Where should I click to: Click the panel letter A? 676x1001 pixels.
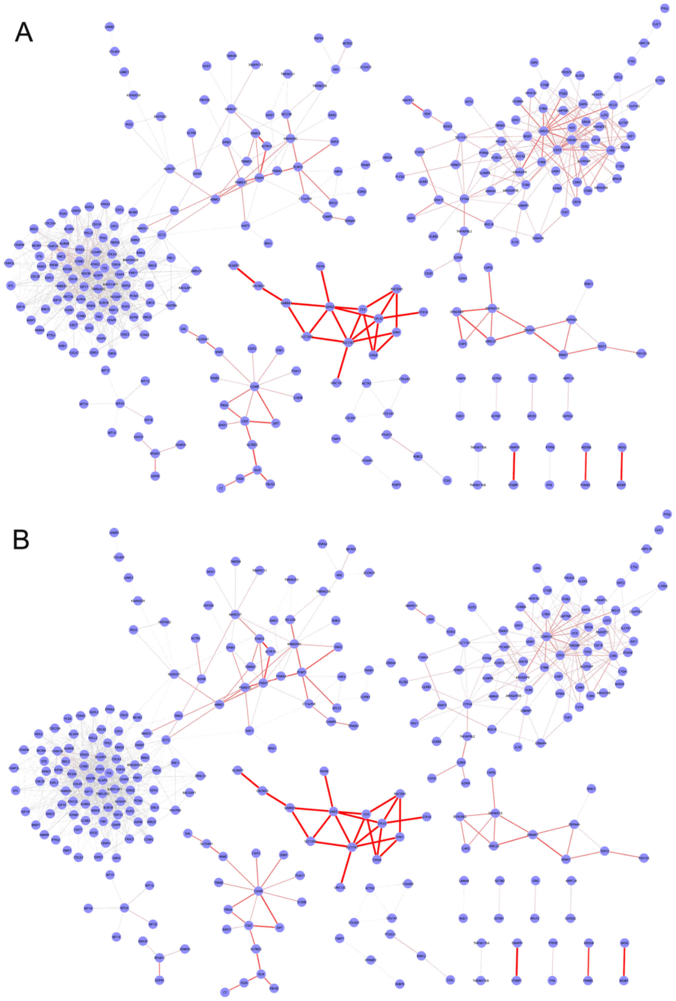coord(23,32)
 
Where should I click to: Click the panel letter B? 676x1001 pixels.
coord(21,539)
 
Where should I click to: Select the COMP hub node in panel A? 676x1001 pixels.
coord(254,387)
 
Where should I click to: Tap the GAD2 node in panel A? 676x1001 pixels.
coord(330,307)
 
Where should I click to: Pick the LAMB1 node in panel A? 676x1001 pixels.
coord(110,27)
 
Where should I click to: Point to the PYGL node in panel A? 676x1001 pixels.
coord(665,8)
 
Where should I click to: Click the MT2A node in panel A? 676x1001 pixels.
coord(120,404)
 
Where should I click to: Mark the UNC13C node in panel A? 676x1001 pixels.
coord(336,382)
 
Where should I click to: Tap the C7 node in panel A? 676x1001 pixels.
coord(221,488)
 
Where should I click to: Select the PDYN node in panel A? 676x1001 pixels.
coord(320,267)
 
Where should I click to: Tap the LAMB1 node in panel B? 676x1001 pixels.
coord(114,532)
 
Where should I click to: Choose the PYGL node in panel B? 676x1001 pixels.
coord(667,514)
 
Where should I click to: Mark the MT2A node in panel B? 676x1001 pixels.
coord(124,908)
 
